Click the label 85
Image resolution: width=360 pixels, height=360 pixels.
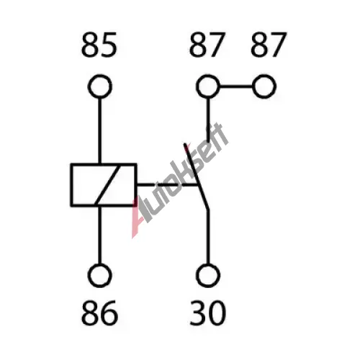point(99,45)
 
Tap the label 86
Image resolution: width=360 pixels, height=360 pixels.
point(99,313)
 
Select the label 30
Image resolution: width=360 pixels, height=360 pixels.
point(208,313)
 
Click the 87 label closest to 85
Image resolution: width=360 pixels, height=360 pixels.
point(207,45)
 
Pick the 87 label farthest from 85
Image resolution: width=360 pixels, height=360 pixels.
point(269,45)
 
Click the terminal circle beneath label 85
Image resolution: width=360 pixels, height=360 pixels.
point(100,76)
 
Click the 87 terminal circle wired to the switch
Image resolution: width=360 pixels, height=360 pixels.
point(208,76)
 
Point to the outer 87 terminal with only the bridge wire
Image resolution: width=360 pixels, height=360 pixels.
point(264,76)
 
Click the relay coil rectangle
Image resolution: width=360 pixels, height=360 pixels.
point(71,185)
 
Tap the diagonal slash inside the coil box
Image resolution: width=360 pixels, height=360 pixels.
point(107,185)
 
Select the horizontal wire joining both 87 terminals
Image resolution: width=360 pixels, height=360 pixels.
point(236,86)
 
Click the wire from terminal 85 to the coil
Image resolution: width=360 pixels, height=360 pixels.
point(100,131)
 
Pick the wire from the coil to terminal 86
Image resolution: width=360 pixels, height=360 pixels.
point(100,235)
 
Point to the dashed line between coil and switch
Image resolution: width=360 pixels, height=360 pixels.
point(168,185)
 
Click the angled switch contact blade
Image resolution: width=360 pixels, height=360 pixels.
point(197,176)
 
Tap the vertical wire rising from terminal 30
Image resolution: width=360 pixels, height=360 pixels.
point(208,237)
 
